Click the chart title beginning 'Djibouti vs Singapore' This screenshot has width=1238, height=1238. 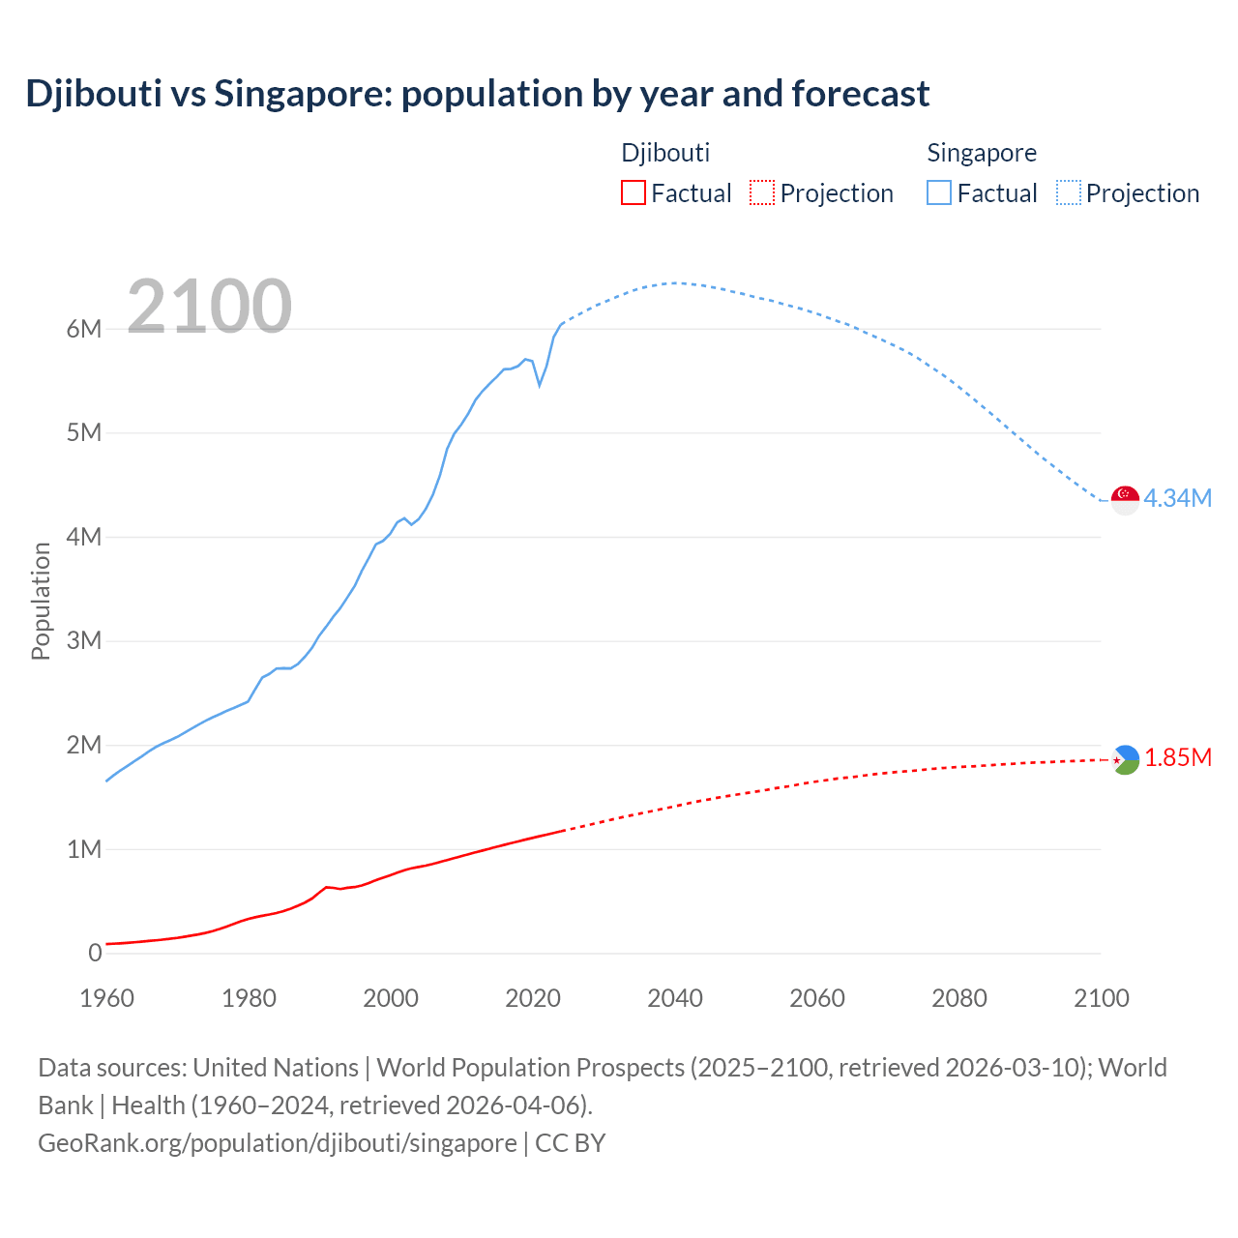click(477, 94)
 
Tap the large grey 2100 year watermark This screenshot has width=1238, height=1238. click(209, 307)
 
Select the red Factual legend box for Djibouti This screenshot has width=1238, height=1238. click(633, 192)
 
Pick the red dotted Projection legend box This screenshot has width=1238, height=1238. click(762, 192)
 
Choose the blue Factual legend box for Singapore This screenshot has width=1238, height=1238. click(939, 192)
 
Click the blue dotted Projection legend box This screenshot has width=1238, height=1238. click(1068, 192)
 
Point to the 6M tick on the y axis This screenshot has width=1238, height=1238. click(84, 329)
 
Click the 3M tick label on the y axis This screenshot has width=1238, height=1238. click(84, 640)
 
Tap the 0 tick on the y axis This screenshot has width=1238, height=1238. click(95, 953)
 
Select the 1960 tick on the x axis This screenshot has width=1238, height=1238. click(106, 998)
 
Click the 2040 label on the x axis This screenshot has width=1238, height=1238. click(675, 998)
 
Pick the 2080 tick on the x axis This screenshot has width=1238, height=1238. click(959, 998)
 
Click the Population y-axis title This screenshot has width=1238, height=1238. click(41, 601)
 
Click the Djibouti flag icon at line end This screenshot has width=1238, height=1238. click(1126, 760)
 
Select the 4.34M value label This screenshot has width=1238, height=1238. click(1177, 498)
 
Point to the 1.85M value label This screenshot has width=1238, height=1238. click(1178, 757)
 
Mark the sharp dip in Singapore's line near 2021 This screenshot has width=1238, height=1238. click(540, 385)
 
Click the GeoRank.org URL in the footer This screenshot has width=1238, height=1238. click(278, 1142)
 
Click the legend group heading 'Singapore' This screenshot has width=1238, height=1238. click(982, 153)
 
